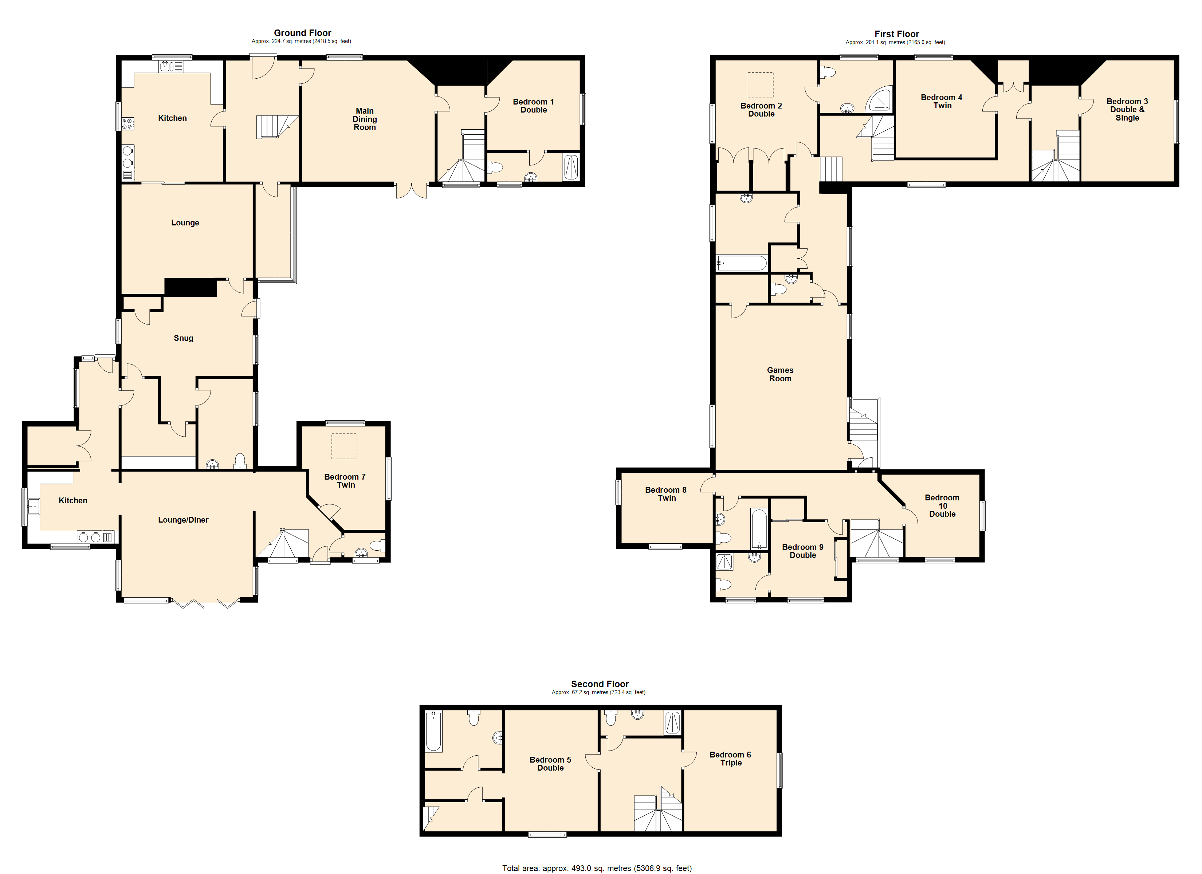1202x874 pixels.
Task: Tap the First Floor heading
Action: point(897,34)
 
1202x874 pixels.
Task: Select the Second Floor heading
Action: point(600,684)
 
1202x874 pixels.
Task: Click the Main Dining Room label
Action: point(365,119)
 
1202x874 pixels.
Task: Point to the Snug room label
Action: point(183,338)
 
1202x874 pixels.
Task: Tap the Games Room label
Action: point(780,374)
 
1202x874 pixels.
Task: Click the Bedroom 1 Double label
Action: point(533,106)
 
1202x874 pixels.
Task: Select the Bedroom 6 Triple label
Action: point(730,759)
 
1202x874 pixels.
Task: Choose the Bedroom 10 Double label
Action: point(942,505)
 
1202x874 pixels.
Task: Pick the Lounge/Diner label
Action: point(183,520)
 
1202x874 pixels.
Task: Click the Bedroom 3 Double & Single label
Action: point(1127,110)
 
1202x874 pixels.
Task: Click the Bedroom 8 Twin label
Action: point(666,494)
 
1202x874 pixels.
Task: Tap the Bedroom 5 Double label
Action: point(550,764)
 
